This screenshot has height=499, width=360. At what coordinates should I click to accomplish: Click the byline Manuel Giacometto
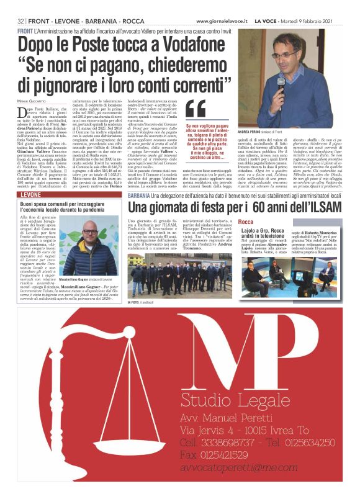coord(32,101)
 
